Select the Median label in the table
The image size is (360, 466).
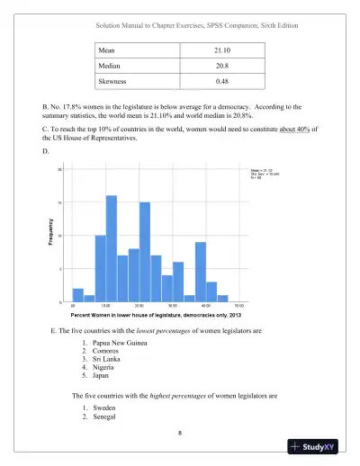pos(113,65)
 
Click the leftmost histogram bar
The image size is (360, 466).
pos(78,295)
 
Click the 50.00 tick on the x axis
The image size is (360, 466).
pos(238,307)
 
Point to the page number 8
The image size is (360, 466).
pos(180,433)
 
